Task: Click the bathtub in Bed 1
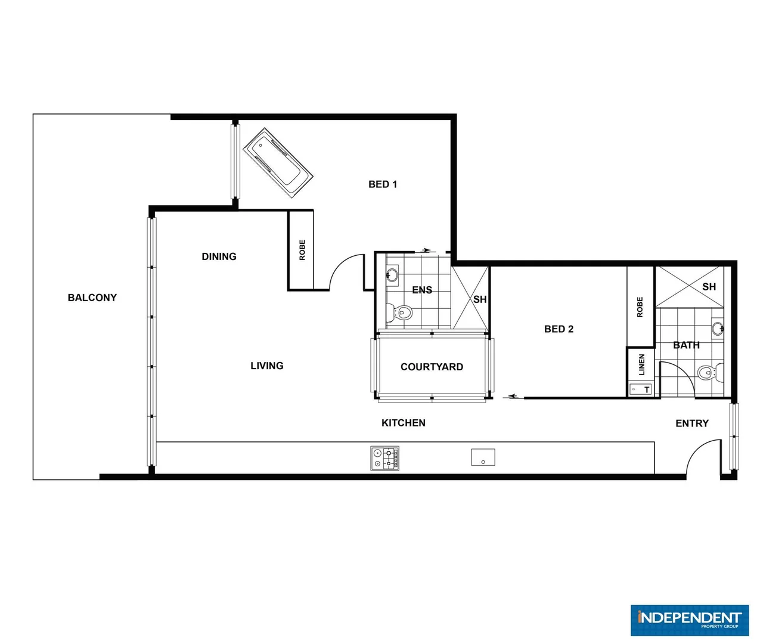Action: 278,162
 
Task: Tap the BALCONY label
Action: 92,298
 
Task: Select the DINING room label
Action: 219,256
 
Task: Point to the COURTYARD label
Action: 432,367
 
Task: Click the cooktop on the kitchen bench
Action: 385,459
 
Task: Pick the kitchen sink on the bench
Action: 483,457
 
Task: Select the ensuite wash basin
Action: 392,275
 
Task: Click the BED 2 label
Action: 559,329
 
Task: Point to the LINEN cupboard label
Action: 642,364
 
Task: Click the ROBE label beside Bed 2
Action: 640,307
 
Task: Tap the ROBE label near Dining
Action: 302,250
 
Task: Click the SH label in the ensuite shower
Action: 480,299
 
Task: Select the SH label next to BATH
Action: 709,287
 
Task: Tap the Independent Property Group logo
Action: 689,620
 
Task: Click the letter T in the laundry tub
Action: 647,390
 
